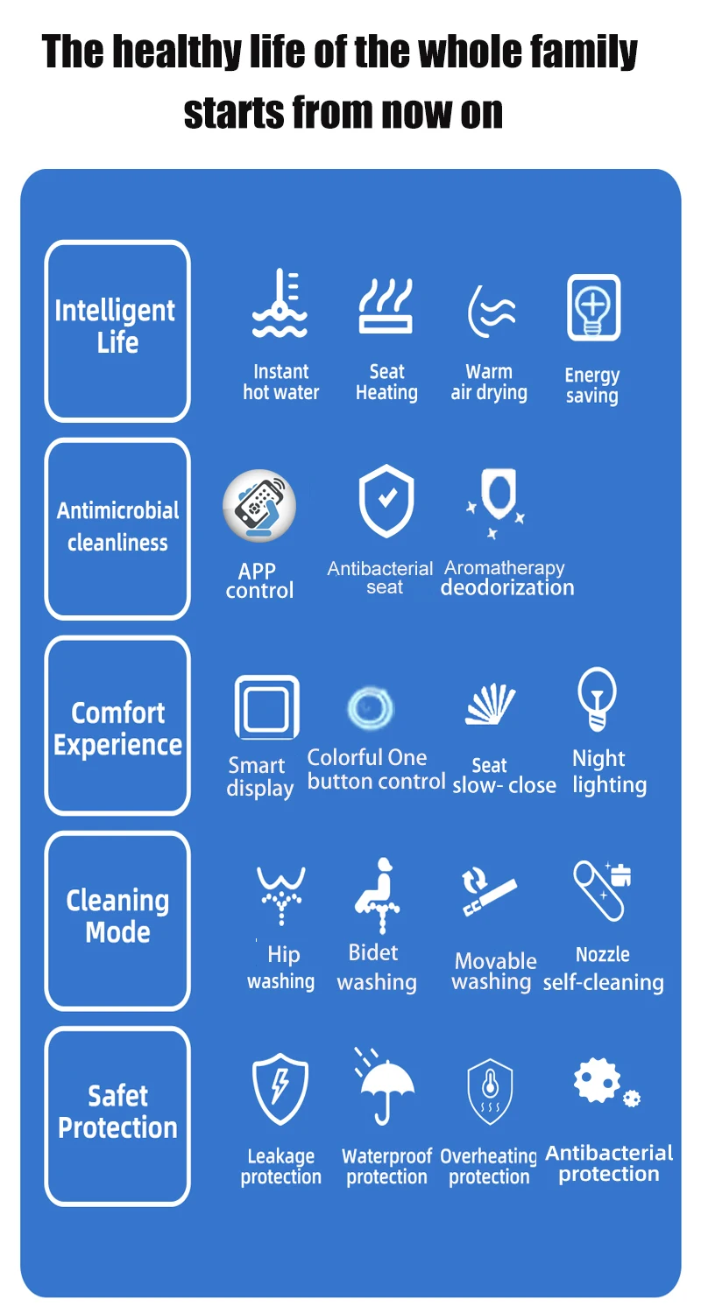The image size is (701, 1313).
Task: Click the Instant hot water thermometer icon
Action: point(280,305)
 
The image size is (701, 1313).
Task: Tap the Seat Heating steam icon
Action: point(386,305)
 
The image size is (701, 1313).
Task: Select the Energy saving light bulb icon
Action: point(593,307)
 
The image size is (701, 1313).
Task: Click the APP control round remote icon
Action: point(258,506)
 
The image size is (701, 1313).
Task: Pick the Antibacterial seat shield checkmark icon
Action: point(386,502)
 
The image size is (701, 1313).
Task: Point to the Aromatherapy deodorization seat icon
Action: point(496,502)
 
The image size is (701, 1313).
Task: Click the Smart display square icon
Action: point(266,706)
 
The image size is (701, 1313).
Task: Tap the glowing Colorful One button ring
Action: point(370,707)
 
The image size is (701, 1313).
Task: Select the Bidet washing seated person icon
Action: point(378,894)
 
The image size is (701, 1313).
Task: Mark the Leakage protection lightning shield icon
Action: point(280,1089)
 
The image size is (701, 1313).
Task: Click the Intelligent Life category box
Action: point(117,330)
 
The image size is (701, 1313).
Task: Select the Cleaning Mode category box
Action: point(117,920)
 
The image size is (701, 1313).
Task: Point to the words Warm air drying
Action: point(489,383)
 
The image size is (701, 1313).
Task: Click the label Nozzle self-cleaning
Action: point(603,969)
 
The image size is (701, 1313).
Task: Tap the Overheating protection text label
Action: point(489,1167)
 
